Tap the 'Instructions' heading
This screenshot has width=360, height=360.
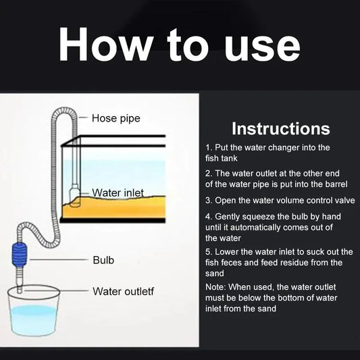coord(280,128)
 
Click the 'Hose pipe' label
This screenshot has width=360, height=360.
coord(116,118)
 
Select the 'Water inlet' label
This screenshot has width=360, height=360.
coord(118,193)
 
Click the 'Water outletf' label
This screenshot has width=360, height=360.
coord(124,291)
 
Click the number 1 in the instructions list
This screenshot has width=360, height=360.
coord(208,147)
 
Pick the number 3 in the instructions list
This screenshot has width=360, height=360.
coord(208,201)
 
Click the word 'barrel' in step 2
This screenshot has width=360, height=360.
coord(334,183)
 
